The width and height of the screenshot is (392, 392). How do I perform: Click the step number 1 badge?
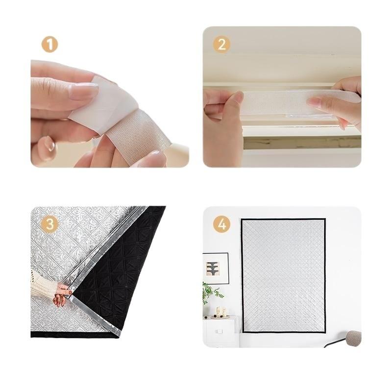click(50, 45)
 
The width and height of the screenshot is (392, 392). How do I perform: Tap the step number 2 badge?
click(221, 45)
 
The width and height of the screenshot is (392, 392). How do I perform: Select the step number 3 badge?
click(50, 224)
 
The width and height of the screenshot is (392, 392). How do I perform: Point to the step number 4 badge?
click(221, 224)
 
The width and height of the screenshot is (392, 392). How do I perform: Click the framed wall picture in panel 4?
click(216, 268)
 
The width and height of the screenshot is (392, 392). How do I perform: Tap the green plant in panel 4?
click(211, 293)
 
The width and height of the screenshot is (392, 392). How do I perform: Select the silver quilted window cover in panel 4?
click(283, 275)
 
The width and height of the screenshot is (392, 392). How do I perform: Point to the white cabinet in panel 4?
click(220, 331)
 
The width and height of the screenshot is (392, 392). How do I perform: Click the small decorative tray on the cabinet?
click(220, 317)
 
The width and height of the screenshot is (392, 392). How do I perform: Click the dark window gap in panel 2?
click(302, 143)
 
